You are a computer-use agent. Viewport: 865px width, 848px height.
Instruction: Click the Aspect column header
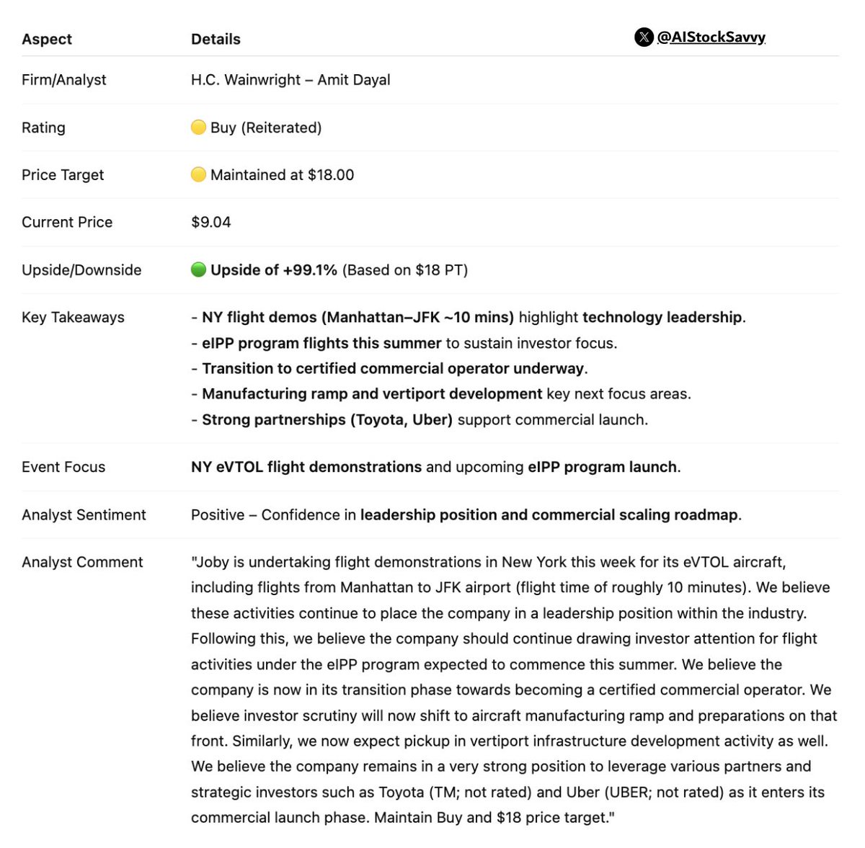tap(47, 40)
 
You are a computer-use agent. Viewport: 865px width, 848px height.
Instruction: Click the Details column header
tap(216, 40)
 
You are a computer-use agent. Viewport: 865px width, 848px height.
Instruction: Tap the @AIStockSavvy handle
tap(711, 37)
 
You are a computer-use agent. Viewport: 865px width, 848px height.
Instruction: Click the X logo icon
tap(644, 37)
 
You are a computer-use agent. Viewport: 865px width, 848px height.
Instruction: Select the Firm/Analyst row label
tap(63, 80)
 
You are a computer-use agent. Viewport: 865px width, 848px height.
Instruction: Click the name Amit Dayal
tap(354, 80)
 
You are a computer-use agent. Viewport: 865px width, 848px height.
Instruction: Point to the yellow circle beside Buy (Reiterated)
tap(198, 128)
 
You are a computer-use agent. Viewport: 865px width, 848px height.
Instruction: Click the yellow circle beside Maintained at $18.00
tap(198, 174)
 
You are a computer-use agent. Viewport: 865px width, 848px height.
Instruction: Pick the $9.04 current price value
tap(211, 222)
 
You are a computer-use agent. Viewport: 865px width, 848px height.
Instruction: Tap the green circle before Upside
tap(198, 269)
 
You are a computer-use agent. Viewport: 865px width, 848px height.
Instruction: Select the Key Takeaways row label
tap(73, 317)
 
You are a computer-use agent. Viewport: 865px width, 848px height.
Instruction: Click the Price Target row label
tap(63, 175)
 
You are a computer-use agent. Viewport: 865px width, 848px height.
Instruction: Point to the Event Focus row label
tap(63, 467)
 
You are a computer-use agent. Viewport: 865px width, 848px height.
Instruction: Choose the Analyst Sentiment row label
tap(84, 514)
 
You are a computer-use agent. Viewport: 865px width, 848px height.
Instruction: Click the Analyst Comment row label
tap(82, 562)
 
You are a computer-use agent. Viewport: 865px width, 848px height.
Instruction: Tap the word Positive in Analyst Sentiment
tap(218, 514)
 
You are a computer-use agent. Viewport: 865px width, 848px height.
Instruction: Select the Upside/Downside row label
tap(81, 270)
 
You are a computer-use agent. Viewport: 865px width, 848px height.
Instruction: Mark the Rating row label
tap(43, 128)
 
